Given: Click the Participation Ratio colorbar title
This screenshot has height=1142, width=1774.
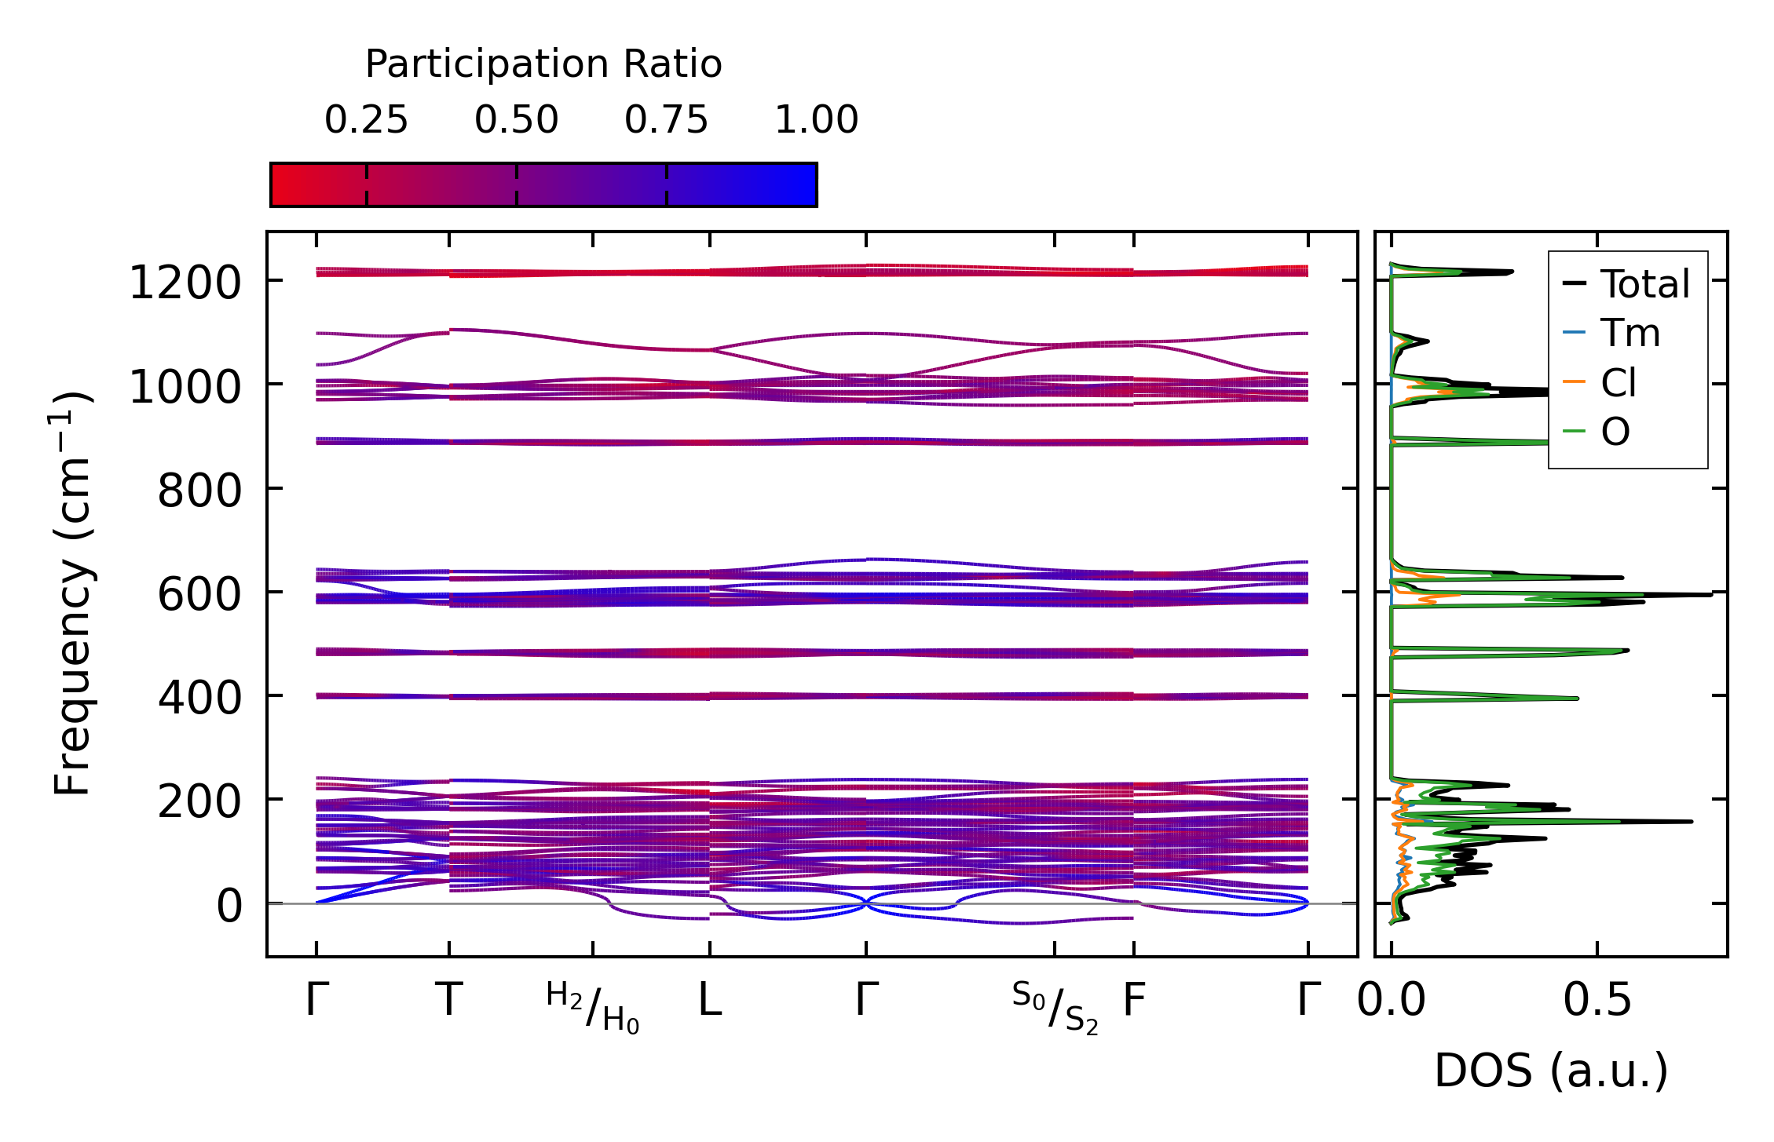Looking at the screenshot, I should (x=543, y=64).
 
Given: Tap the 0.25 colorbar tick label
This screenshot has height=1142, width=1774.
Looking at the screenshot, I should (x=366, y=121).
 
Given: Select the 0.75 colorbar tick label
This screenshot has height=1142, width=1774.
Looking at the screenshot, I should (x=666, y=121).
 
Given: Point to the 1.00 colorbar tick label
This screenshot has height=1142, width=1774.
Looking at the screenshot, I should (x=816, y=121).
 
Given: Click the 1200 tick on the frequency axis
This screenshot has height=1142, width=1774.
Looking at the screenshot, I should (x=185, y=283).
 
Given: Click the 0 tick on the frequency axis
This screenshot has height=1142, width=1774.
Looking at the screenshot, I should (x=229, y=907).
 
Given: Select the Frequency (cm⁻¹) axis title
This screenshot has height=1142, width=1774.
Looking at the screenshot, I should (x=72, y=593).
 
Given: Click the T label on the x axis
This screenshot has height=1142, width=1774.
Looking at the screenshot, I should (x=448, y=1001).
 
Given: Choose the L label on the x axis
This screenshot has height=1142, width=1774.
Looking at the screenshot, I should (x=710, y=1001).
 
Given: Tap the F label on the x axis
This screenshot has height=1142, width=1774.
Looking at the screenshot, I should (x=1133, y=1001).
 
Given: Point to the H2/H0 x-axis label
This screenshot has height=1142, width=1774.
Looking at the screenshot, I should (x=593, y=1007).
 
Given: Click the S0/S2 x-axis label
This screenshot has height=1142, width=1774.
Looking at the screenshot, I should (x=1055, y=1007).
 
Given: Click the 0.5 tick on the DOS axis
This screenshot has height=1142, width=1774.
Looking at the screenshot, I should (x=1597, y=1001).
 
